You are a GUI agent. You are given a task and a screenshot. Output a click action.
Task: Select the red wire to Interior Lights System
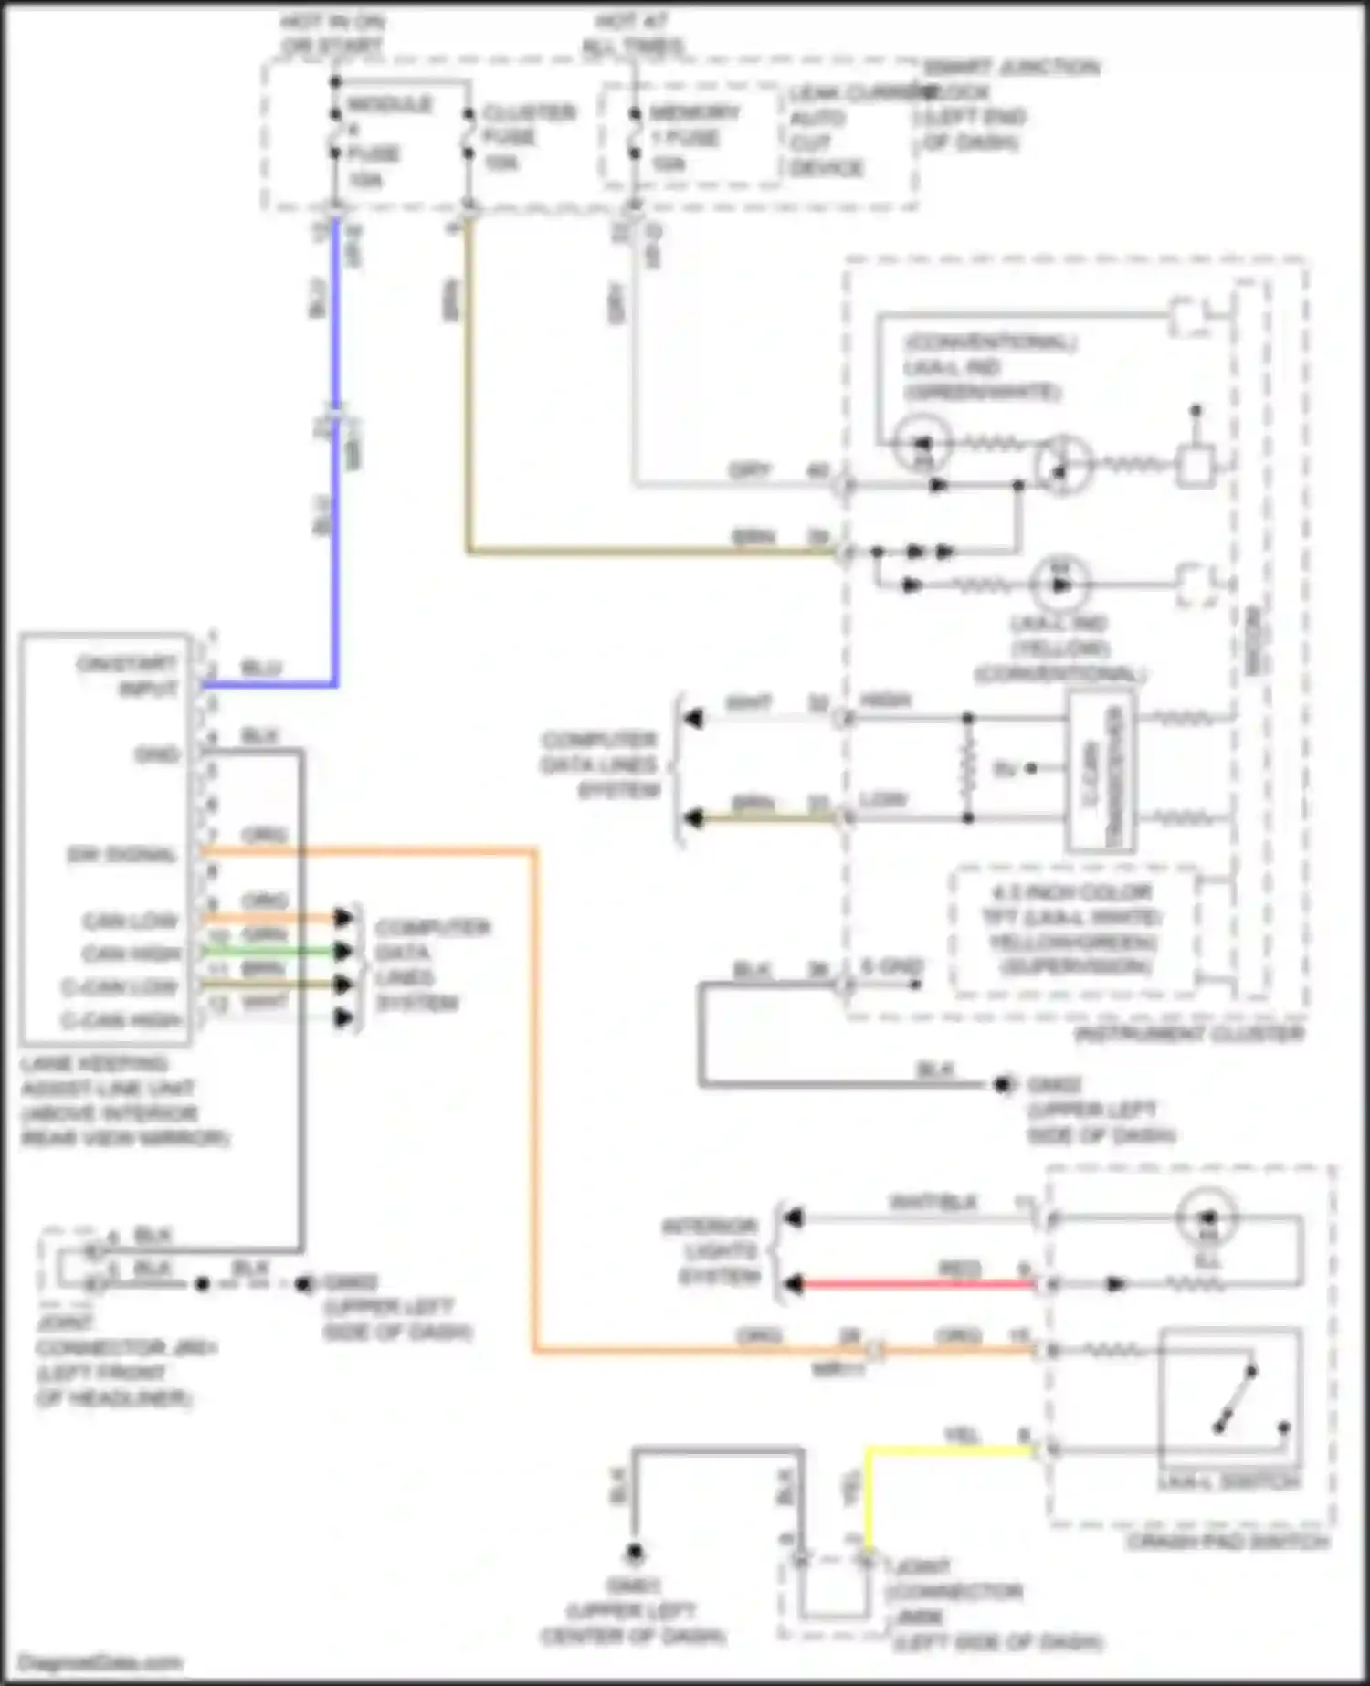(913, 1283)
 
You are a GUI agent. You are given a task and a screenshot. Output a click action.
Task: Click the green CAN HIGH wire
(274, 951)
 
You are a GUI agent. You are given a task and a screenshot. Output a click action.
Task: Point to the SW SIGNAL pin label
(121, 855)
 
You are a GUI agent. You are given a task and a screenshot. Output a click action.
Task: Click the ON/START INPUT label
(128, 675)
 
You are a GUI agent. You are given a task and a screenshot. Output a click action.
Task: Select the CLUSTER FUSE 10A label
(527, 137)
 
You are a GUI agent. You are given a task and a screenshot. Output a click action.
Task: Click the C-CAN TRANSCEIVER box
(1101, 770)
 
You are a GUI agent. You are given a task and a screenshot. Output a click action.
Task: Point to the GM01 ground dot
(634, 1552)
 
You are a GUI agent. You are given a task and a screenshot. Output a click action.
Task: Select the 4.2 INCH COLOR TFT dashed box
(1073, 930)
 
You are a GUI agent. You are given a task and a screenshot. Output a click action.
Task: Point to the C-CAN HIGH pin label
(122, 1020)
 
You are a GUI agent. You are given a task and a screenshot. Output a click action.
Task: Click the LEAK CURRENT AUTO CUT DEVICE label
(827, 131)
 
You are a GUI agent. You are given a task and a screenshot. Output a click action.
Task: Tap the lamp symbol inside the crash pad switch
(1207, 1217)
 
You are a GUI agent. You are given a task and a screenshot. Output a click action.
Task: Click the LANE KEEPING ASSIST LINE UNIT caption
(123, 1101)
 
